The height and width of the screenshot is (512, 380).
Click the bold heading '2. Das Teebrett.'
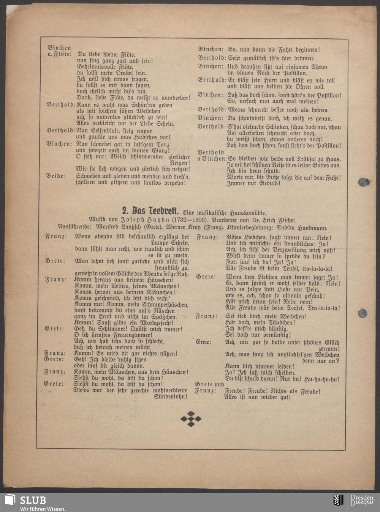151,211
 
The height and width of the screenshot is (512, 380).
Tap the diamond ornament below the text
191,419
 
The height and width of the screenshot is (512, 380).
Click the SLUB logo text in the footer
33,500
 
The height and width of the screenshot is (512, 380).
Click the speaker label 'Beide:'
55,176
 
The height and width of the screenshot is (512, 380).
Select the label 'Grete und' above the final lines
209,384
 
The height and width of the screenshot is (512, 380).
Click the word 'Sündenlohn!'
171,397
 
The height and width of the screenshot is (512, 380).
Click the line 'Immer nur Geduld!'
253,183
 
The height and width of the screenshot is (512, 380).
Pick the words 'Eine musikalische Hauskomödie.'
225,213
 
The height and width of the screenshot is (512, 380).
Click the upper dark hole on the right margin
364,182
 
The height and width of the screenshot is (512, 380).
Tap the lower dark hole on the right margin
363,313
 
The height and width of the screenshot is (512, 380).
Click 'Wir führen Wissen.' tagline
43,509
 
